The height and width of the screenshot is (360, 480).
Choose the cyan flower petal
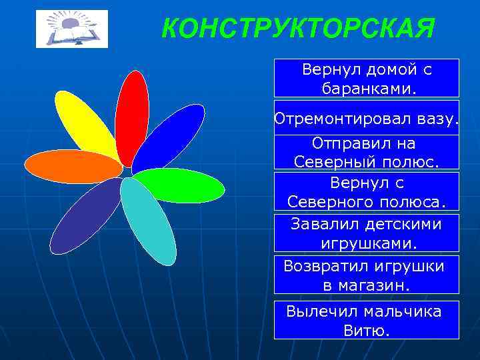pos(147,221)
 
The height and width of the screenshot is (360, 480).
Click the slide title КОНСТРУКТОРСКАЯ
pos(298,28)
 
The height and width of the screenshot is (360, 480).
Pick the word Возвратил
pos(323,266)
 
